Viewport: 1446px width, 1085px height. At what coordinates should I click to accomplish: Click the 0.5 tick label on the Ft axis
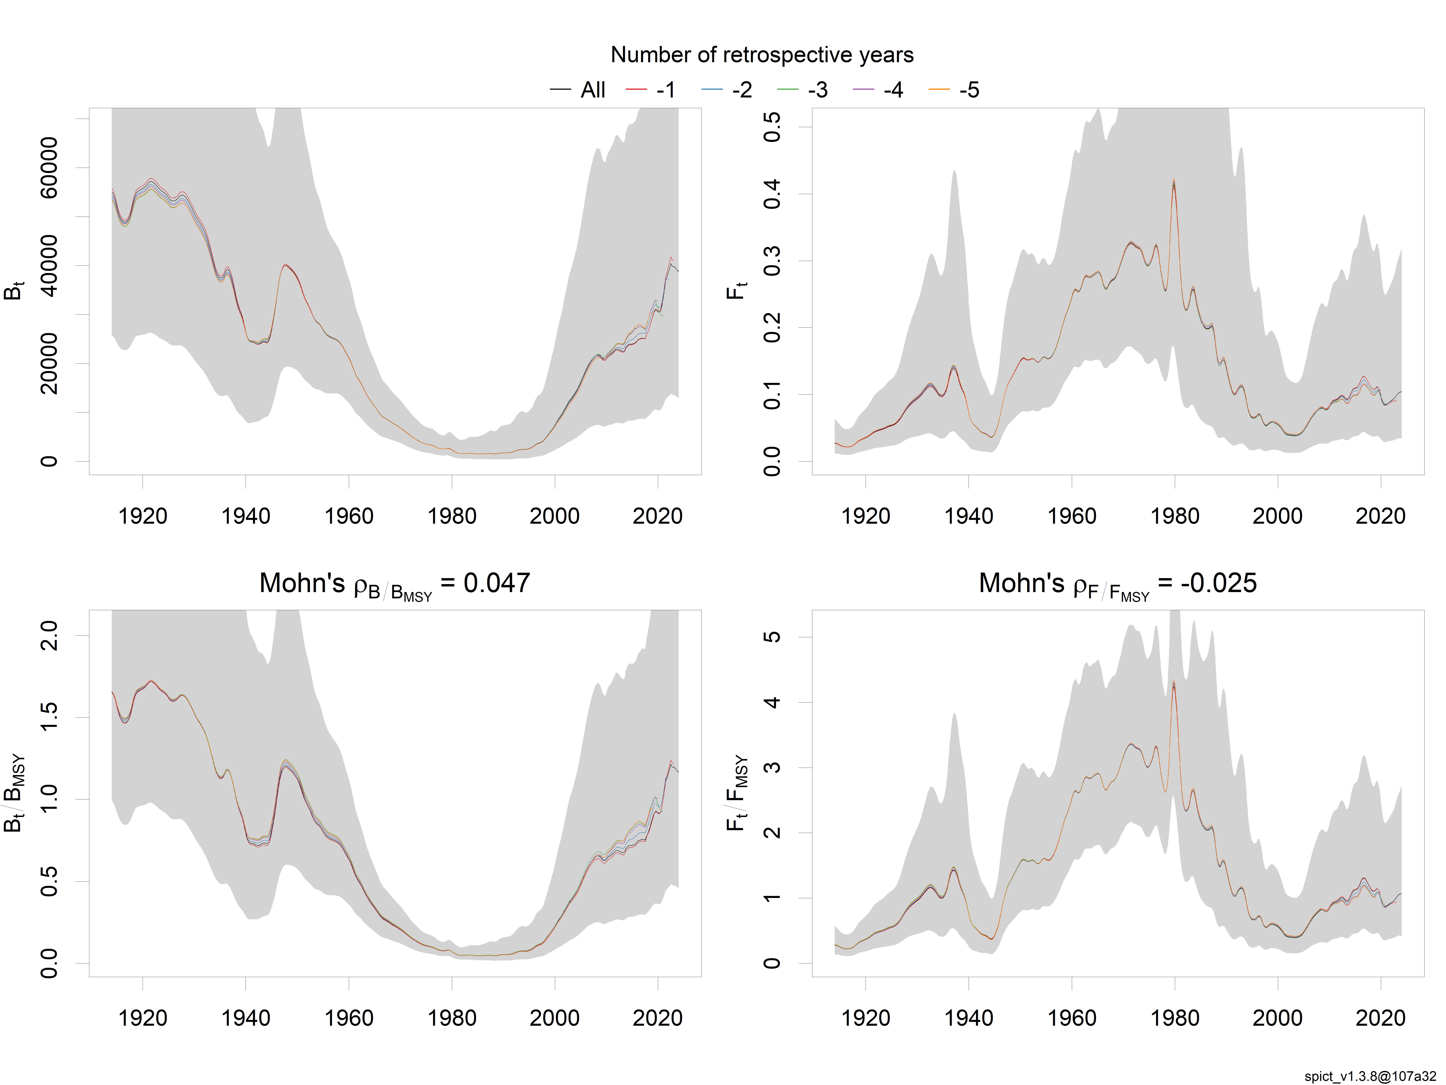click(x=772, y=127)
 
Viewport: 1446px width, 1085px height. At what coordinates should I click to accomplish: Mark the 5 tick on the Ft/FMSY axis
click(x=772, y=637)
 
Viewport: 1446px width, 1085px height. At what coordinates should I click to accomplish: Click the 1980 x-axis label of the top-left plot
click(x=452, y=516)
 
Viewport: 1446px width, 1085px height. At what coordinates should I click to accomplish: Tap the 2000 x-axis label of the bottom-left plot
click(x=554, y=1018)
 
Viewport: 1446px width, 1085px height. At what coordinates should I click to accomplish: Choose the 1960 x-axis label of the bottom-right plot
click(x=1071, y=1018)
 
